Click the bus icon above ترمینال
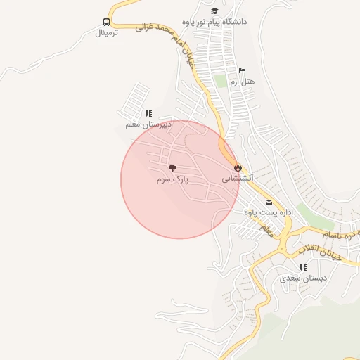click(106, 22)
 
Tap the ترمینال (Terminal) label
click(106, 32)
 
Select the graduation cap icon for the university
click(214, 11)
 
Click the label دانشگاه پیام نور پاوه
click(214, 22)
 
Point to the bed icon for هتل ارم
click(242, 71)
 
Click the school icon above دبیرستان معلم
click(148, 113)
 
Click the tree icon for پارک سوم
click(172, 168)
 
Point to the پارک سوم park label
click(172, 179)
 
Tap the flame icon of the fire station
click(238, 168)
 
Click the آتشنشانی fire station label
click(238, 179)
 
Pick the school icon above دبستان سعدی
click(303, 267)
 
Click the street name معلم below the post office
click(266, 229)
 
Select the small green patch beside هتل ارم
click(222, 81)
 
